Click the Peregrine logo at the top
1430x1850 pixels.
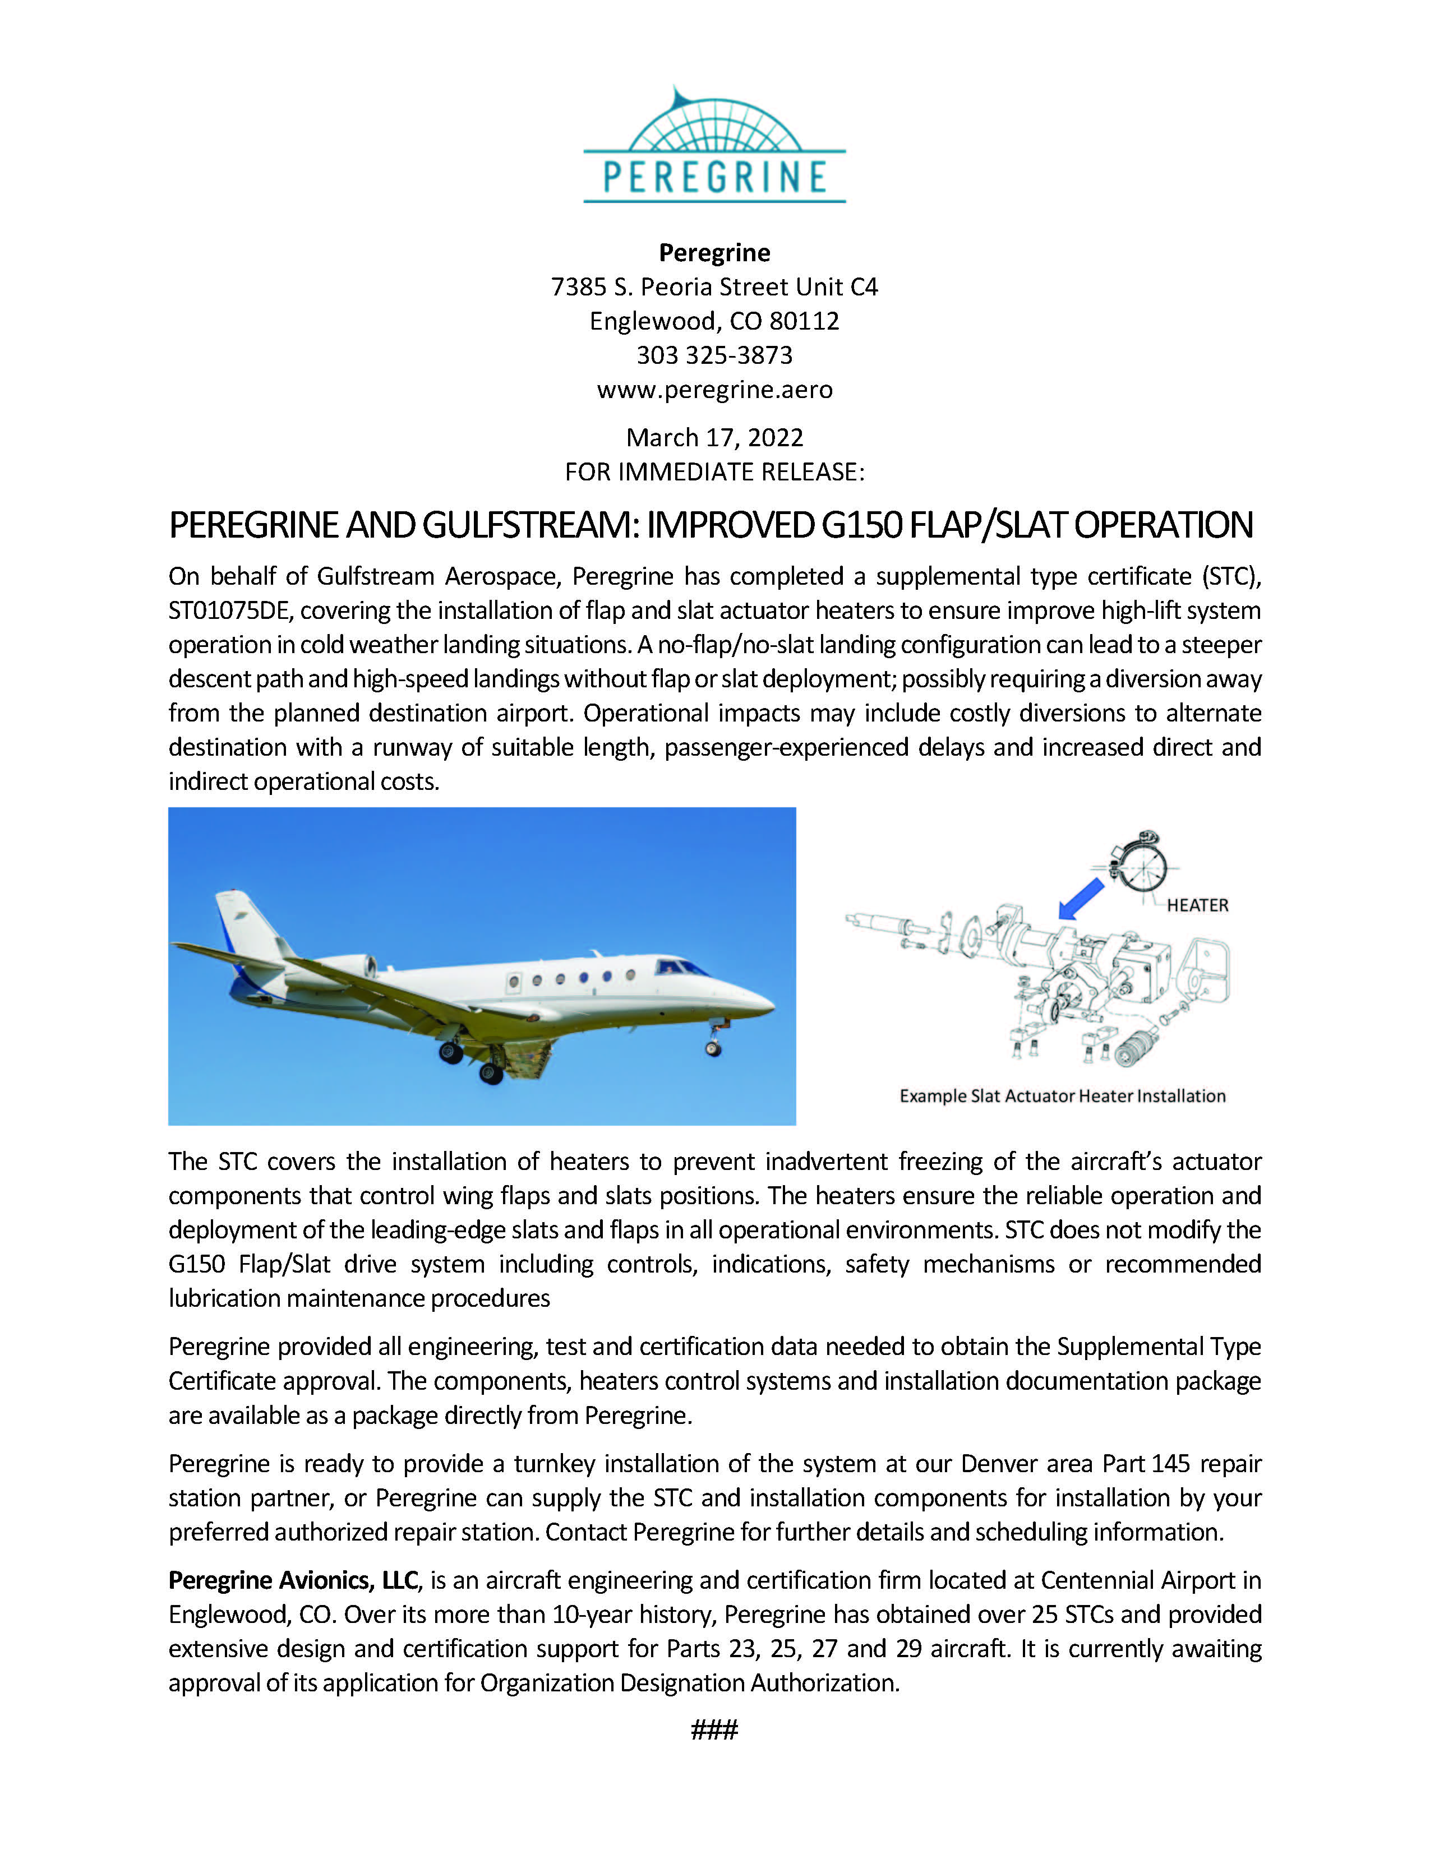714,146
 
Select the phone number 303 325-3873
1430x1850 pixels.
714,355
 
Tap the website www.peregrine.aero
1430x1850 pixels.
714,390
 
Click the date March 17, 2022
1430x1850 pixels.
714,437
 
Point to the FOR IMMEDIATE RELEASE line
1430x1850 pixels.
714,472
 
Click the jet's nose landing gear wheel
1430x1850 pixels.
713,1049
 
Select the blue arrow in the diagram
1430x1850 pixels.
1082,898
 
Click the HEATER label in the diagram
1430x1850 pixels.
1197,905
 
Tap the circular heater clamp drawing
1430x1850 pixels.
1140,863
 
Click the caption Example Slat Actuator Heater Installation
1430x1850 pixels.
1062,1096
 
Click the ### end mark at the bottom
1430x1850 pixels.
714,1729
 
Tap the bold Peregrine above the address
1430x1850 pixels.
714,252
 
